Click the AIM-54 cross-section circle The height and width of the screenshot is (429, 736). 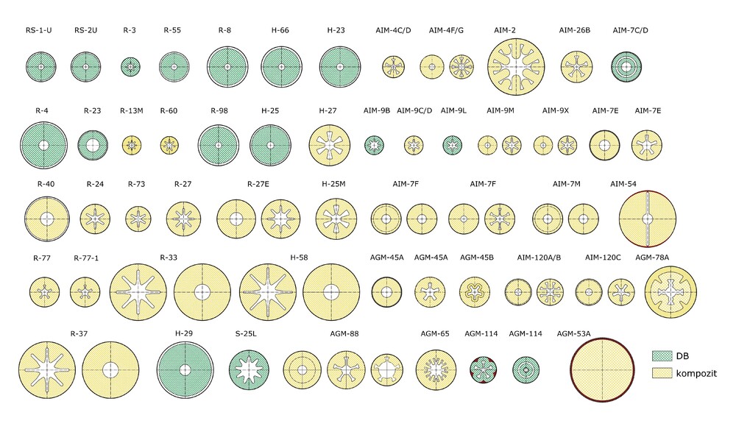(647, 219)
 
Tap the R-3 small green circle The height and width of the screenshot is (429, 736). (130, 67)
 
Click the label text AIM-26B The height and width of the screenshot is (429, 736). (575, 30)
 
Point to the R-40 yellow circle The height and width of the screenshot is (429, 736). (47, 219)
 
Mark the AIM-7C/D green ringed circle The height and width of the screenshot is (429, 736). (631, 67)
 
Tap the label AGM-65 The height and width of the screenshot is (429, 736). (435, 333)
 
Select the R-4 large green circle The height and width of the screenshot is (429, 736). (43, 144)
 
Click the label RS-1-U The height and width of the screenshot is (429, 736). (39, 30)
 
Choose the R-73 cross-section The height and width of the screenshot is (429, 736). (137, 219)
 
